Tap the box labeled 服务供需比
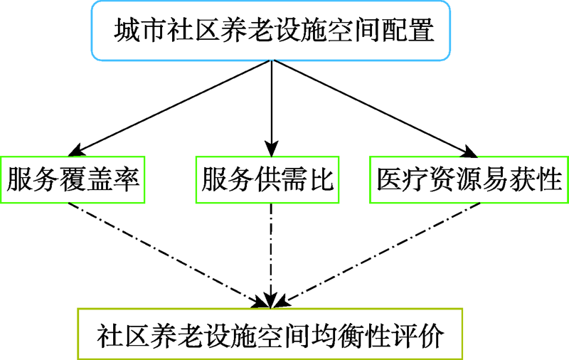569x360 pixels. pyautogui.click(x=268, y=179)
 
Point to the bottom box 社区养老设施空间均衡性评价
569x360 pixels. pyautogui.click(x=270, y=334)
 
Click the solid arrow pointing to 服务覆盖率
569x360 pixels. pyautogui.click(x=171, y=107)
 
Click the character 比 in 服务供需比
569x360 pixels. pyautogui.click(x=323, y=179)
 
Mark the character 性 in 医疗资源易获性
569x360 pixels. pyautogui.click(x=549, y=179)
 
